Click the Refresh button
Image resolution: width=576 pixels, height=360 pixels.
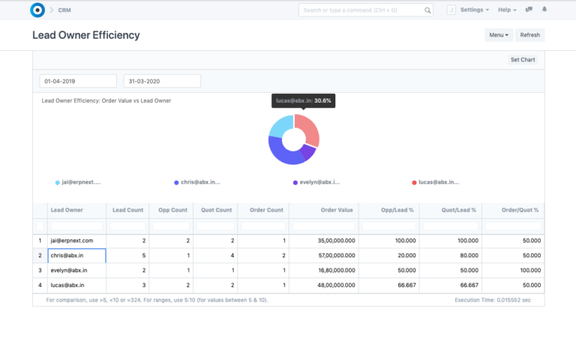(x=529, y=35)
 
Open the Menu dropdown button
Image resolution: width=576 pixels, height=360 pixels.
(x=499, y=35)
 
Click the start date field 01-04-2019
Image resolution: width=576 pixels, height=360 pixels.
(x=78, y=81)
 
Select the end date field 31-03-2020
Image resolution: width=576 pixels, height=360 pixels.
(x=162, y=81)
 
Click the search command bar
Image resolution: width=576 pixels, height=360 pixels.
(x=365, y=10)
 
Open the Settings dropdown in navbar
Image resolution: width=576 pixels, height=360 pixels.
(x=474, y=10)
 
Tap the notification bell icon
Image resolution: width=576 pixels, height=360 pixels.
(x=544, y=10)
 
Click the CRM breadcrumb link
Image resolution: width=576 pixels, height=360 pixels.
(x=64, y=10)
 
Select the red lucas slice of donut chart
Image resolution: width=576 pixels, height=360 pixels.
(x=310, y=128)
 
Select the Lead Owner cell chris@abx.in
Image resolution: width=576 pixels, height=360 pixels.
(x=76, y=256)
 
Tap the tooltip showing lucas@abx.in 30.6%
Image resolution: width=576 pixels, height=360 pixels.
(x=303, y=100)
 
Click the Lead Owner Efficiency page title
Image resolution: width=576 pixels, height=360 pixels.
(x=86, y=35)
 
